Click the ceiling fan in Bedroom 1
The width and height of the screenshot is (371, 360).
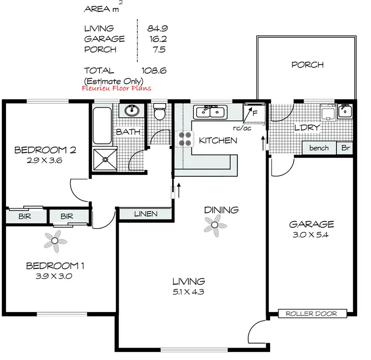[55, 242]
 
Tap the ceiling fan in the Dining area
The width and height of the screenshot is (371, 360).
[215, 227]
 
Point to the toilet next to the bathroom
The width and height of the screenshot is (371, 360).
[159, 113]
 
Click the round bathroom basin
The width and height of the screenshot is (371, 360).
[132, 111]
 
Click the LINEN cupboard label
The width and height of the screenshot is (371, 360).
[145, 214]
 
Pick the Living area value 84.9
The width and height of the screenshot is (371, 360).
[157, 28]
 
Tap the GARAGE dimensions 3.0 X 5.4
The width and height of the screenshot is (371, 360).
[311, 236]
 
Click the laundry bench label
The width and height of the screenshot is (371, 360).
[319, 148]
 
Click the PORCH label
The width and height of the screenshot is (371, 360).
[307, 65]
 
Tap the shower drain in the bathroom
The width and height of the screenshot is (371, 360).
[104, 159]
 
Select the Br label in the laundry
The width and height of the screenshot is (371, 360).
[345, 148]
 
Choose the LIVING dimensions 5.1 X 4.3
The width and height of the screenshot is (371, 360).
[186, 292]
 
